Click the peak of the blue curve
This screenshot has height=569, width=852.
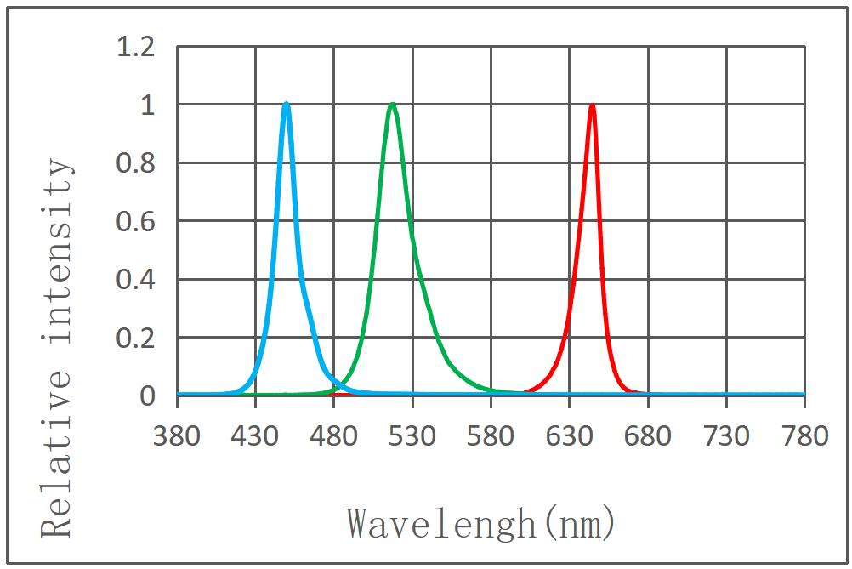tap(287, 105)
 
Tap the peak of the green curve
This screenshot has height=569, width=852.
tap(392, 105)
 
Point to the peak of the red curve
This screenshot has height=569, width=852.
tap(592, 106)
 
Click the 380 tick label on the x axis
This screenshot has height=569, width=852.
tap(177, 436)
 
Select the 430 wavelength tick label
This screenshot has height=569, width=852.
tap(255, 436)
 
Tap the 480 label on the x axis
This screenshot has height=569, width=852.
tap(333, 436)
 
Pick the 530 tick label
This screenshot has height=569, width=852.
tap(412, 436)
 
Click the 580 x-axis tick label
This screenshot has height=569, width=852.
tap(491, 436)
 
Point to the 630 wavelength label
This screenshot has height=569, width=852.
tap(570, 436)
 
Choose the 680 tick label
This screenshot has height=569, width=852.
tap(648, 436)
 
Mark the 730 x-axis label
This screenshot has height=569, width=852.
tap(726, 436)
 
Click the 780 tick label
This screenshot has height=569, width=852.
tap(804, 436)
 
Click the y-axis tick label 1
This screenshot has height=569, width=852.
tap(148, 105)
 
